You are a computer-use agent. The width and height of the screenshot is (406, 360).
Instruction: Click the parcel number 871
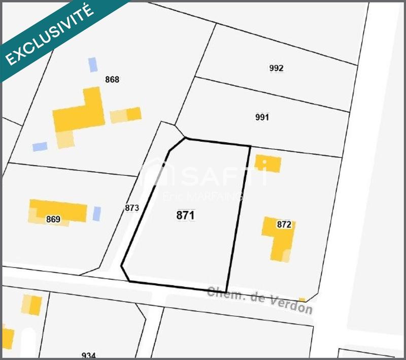click(x=185, y=215)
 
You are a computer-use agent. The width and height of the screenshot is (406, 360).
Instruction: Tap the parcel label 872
click(x=284, y=225)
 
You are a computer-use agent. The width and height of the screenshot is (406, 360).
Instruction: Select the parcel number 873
click(x=131, y=208)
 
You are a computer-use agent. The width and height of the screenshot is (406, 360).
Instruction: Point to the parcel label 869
click(x=53, y=219)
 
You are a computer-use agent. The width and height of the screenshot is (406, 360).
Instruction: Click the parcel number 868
click(x=112, y=79)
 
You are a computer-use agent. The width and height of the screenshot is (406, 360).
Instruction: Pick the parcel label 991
click(x=262, y=117)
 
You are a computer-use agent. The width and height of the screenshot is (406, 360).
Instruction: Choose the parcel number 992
click(x=276, y=68)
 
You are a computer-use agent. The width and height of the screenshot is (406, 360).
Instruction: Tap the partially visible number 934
click(x=88, y=355)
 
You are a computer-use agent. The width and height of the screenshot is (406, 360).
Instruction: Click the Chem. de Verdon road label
click(x=259, y=300)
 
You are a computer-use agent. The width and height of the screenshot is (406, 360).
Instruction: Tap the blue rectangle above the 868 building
click(x=92, y=64)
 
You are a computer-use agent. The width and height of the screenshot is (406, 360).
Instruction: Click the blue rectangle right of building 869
click(x=96, y=213)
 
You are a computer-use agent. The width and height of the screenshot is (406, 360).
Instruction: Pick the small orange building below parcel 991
click(x=268, y=163)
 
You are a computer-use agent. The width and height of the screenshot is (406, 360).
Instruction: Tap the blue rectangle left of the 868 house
click(x=40, y=147)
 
